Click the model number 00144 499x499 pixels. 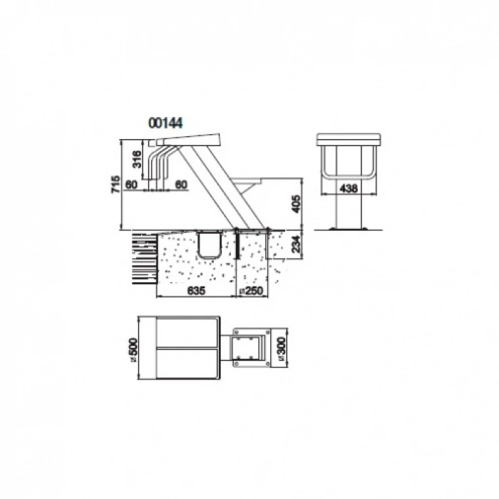click(165, 123)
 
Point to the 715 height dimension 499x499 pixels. click(115, 184)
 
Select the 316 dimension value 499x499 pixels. click(137, 159)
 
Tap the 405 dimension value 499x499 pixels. click(296, 204)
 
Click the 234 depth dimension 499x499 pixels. click(296, 244)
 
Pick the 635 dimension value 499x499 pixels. click(196, 291)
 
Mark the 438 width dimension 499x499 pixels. click(349, 189)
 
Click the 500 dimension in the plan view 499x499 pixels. click(133, 347)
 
